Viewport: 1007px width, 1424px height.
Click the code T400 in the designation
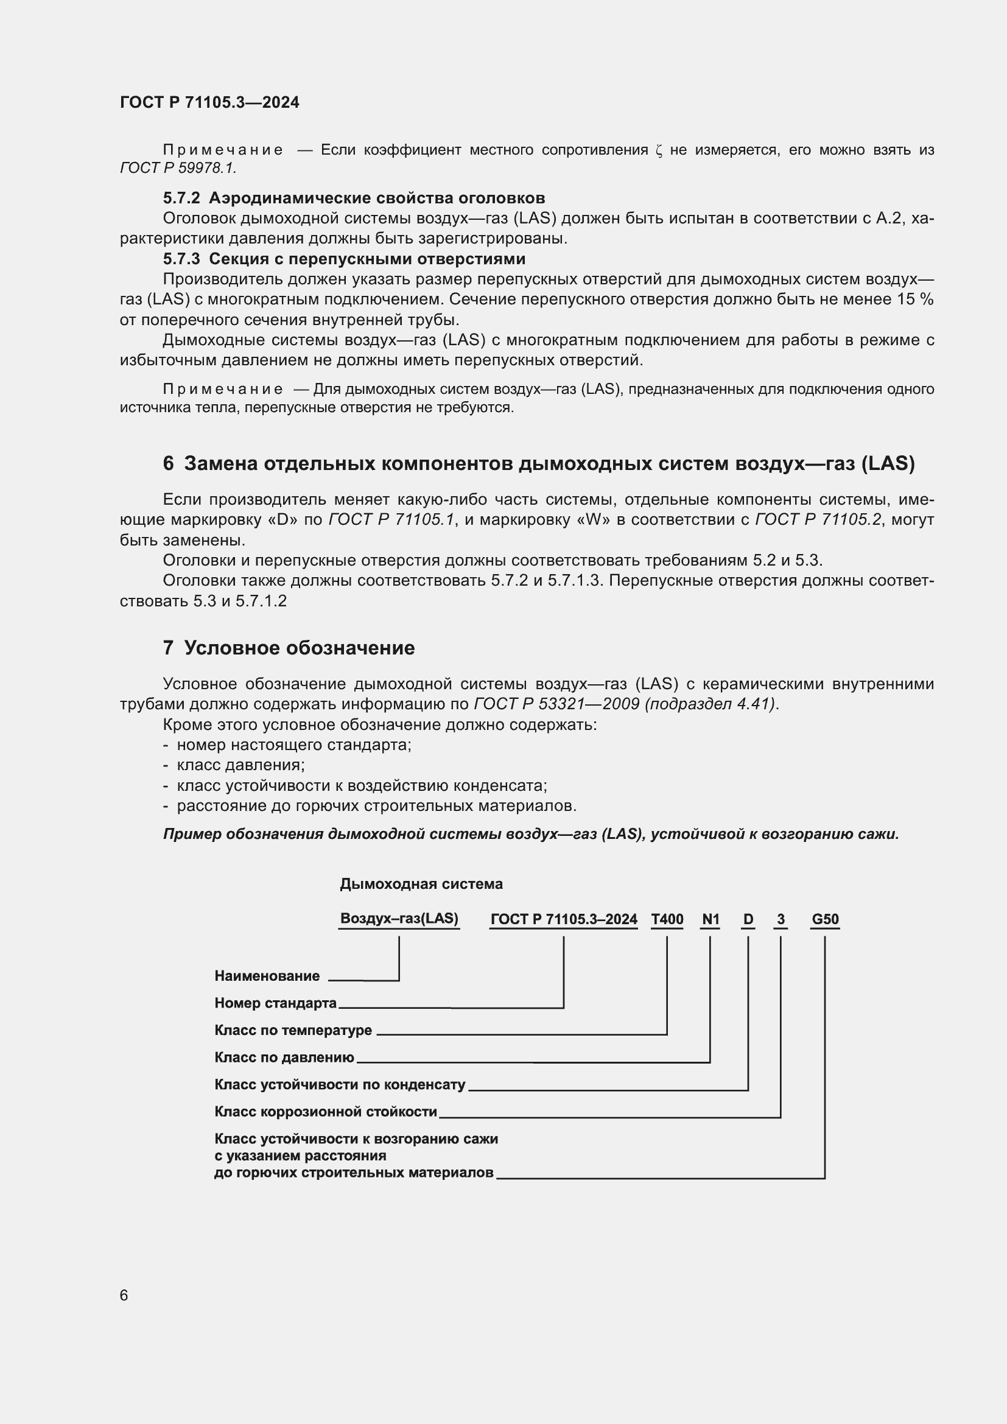pos(667,919)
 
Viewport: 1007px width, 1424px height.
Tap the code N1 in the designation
pos(710,919)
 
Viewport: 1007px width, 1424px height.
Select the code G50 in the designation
pos(825,919)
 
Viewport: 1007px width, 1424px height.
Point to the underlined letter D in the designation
pos(748,919)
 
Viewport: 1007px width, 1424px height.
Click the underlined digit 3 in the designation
pos(781,919)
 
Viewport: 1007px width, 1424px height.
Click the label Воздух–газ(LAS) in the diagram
pos(399,919)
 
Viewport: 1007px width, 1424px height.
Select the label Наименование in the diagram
pos(267,975)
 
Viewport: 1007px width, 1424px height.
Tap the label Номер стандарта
pos(275,1003)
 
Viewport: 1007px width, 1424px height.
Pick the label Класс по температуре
pos(293,1030)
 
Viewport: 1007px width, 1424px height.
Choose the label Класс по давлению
pos(284,1057)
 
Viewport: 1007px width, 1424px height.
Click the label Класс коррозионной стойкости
pos(326,1112)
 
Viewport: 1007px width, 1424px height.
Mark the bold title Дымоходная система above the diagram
pos(421,884)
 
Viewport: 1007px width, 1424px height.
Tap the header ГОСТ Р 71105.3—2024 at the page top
pos(209,102)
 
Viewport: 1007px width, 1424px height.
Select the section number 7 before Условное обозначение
pos(168,648)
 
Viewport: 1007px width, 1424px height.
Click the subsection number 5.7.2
pos(181,198)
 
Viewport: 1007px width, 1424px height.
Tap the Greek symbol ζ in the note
pos(659,151)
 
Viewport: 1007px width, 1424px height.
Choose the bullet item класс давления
pos(240,765)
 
